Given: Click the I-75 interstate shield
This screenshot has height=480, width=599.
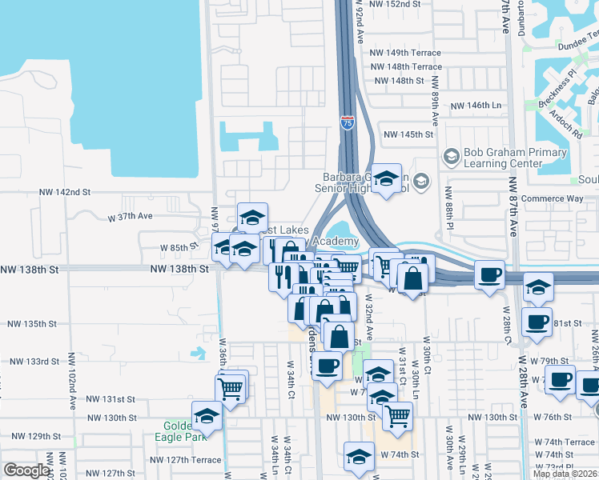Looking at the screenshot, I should [x=347, y=122].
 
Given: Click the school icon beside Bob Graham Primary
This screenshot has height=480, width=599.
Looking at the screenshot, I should [x=451, y=154].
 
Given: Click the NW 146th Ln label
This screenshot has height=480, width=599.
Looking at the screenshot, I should [x=476, y=106].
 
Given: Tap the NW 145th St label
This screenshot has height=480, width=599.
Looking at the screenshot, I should [x=408, y=134].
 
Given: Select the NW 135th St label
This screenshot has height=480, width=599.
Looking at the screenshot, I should [x=32, y=324].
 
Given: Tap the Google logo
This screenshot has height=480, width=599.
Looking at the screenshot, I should [x=26, y=470].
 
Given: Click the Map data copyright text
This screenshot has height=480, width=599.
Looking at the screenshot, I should [x=565, y=474].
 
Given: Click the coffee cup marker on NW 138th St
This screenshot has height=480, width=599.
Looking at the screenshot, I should [x=488, y=275].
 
